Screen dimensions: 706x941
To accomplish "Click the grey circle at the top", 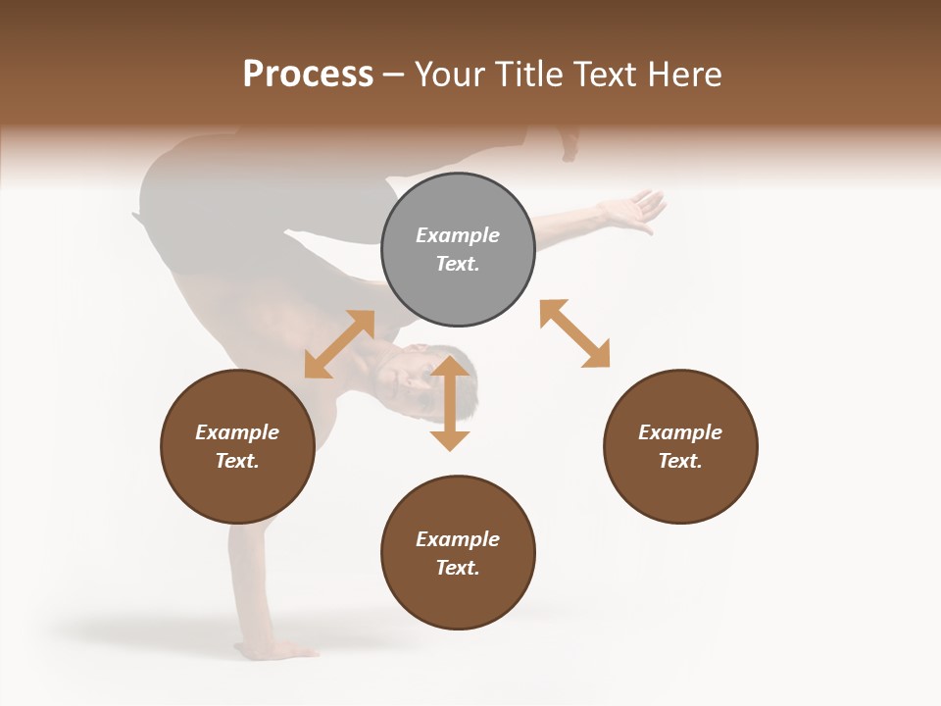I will (458, 249).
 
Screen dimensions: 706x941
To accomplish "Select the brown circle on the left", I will (237, 446).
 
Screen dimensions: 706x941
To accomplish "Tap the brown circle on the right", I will (680, 446).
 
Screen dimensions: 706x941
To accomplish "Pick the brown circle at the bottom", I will (458, 552).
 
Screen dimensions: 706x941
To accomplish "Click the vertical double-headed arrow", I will (450, 403).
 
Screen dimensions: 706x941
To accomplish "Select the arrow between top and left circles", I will (339, 344).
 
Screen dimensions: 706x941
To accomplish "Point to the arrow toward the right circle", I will (574, 333).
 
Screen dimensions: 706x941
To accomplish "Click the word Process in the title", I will (308, 74).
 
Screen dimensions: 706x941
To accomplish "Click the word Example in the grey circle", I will (458, 235).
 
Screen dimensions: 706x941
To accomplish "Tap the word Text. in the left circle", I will (237, 461).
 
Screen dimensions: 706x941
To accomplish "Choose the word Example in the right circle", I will (680, 432).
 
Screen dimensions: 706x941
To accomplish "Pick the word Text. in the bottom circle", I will (458, 568).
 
